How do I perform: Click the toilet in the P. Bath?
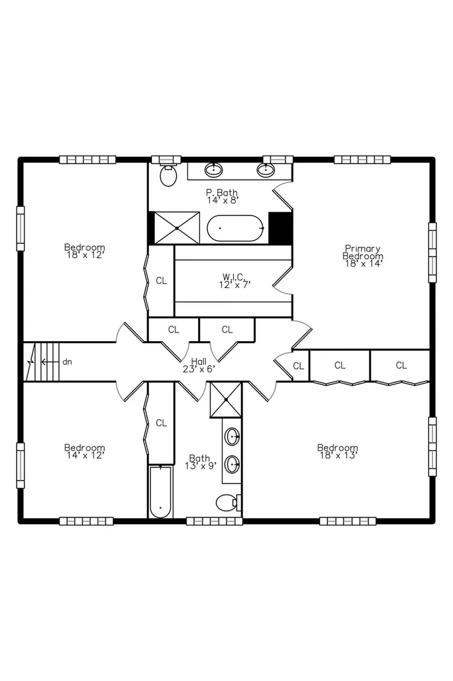pyautogui.click(x=168, y=175)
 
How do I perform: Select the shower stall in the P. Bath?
pyautogui.click(x=177, y=228)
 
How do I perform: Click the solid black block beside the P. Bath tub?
pyautogui.click(x=280, y=228)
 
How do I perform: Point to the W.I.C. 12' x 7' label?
pyautogui.click(x=234, y=281)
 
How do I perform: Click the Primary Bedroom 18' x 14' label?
pyautogui.click(x=363, y=255)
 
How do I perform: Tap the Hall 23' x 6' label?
pyautogui.click(x=199, y=365)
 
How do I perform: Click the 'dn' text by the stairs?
pyautogui.click(x=67, y=361)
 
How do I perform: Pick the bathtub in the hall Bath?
pyautogui.click(x=161, y=491)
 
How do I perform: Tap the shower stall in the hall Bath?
pyautogui.click(x=226, y=400)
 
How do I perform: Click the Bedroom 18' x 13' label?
pyautogui.click(x=337, y=452)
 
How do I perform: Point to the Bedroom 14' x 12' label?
pyautogui.click(x=84, y=452)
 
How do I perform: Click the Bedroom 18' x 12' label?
pyautogui.click(x=84, y=251)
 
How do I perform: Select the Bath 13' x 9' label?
pyautogui.click(x=200, y=462)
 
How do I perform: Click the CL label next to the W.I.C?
pyautogui.click(x=161, y=281)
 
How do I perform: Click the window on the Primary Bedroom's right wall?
pyautogui.click(x=432, y=253)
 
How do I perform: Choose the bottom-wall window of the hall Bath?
pyautogui.click(x=215, y=521)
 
